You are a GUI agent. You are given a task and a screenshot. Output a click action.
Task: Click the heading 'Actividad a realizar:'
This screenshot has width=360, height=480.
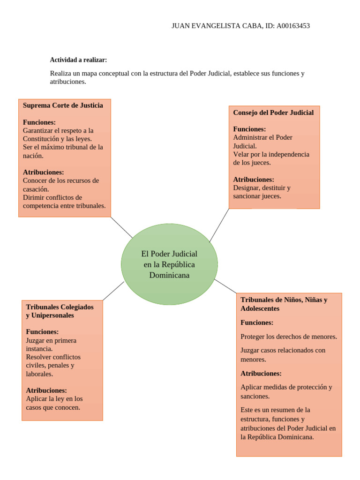[78, 60]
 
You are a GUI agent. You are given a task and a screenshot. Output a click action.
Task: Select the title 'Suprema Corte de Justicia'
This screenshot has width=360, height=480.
[63, 105]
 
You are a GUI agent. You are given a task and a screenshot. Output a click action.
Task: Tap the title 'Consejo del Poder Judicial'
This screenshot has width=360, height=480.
[273, 112]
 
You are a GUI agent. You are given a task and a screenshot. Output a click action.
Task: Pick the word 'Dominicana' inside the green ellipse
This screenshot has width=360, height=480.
[169, 275]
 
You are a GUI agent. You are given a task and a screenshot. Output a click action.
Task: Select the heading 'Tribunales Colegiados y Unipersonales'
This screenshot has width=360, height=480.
[60, 311]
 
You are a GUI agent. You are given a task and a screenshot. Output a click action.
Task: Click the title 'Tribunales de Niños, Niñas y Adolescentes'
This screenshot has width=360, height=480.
[284, 304]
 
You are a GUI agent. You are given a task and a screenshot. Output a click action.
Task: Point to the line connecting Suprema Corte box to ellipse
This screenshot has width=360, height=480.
[121, 227]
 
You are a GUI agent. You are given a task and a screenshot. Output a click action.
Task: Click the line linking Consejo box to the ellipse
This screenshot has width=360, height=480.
[219, 225]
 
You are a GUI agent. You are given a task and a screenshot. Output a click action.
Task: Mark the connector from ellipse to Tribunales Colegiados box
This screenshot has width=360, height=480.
[113, 291]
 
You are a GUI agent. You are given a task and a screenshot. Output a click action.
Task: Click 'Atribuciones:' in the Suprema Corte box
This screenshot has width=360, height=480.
[43, 172]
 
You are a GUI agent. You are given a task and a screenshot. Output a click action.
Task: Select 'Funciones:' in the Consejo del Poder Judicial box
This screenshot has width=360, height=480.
[249, 129]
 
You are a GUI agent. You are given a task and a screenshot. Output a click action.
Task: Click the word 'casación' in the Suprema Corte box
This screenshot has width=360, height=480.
[35, 189]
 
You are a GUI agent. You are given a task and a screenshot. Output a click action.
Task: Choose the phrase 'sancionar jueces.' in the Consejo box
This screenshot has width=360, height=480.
[257, 196]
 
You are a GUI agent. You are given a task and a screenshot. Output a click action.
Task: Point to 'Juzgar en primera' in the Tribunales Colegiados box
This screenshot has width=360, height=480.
[51, 340]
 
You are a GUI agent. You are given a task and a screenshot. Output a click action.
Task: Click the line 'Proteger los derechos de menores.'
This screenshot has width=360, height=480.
[288, 337]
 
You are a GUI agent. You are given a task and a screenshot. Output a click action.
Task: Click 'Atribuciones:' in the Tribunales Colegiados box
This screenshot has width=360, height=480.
[46, 390]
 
